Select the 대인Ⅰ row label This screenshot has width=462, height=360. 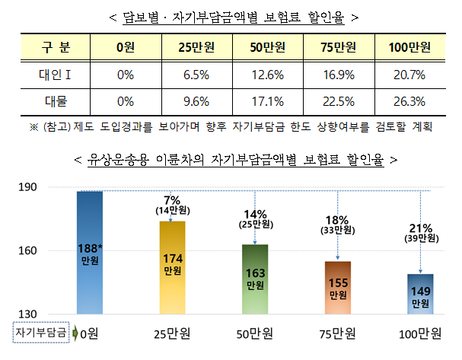pos(55,75)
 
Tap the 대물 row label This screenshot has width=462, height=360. pos(55,101)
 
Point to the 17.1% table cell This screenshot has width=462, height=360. pos(267,101)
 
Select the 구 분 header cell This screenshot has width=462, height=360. pos(55,48)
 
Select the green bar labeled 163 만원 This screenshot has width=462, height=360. pos(256,279)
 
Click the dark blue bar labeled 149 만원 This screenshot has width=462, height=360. pos(419,294)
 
